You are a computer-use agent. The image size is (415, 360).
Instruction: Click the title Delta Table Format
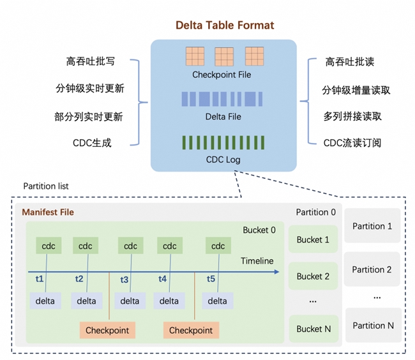[x=225, y=26]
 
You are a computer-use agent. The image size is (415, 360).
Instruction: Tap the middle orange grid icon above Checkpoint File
[x=224, y=57]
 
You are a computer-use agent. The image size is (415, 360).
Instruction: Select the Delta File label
[x=223, y=117]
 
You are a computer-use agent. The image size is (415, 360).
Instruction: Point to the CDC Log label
[x=223, y=160]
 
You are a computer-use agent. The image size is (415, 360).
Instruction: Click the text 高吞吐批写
[x=90, y=61]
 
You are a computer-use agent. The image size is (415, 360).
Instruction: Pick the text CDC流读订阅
[x=352, y=143]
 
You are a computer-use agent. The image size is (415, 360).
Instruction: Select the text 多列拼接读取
[x=352, y=116]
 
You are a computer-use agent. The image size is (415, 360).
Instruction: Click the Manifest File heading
[x=48, y=212]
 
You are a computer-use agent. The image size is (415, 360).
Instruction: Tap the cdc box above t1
[x=49, y=246]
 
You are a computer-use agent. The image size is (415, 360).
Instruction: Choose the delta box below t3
[x=130, y=301]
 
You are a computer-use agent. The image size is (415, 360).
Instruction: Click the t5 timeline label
[x=211, y=279]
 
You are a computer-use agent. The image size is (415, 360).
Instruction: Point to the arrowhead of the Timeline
[x=277, y=272]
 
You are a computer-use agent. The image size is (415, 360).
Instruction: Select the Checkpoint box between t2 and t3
[x=107, y=330]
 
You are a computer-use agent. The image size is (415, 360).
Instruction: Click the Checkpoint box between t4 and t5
[x=191, y=330]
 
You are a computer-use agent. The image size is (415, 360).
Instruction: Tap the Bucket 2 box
[x=313, y=276]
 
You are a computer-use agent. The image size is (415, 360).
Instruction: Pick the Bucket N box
[x=313, y=329]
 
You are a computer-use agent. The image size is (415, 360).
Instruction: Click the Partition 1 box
[x=372, y=225]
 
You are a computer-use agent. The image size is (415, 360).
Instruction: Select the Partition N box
[x=373, y=325]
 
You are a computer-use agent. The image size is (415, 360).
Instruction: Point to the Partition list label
[x=46, y=186]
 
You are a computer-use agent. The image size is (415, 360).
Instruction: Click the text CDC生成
[x=92, y=143]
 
